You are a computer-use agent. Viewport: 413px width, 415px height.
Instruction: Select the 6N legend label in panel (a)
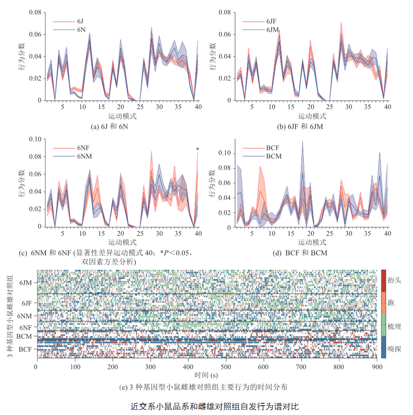(x=81, y=30)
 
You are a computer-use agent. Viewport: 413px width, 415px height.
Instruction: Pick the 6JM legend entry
(x=272, y=30)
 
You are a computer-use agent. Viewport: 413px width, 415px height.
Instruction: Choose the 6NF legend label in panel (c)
(x=84, y=148)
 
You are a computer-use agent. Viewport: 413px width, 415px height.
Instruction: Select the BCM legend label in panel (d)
(x=274, y=156)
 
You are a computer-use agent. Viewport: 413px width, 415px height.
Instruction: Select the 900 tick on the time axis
(x=377, y=367)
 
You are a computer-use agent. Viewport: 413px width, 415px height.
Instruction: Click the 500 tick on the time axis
(x=226, y=367)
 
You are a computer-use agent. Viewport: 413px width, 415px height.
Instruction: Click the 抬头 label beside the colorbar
(x=395, y=280)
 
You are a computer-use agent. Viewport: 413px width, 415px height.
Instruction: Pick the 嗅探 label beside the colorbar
(x=395, y=348)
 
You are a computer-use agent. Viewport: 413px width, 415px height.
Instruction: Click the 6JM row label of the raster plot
(x=26, y=282)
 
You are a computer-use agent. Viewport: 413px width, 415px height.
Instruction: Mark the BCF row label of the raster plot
(x=25, y=349)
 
